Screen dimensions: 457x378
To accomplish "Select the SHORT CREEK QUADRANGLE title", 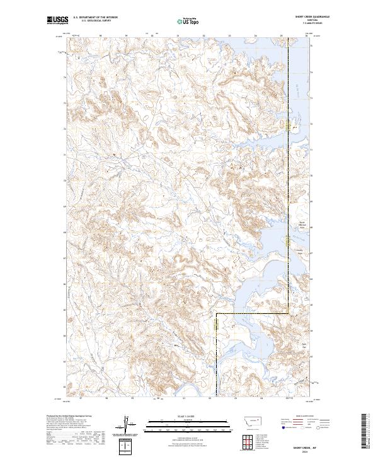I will [x=308, y=18].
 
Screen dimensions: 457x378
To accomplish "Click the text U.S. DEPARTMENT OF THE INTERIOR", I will [x=95, y=18].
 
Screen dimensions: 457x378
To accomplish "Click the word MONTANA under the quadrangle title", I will [x=308, y=21].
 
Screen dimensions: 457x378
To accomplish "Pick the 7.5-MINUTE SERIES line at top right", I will [x=308, y=25].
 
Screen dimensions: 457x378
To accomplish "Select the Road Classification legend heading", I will [x=301, y=417].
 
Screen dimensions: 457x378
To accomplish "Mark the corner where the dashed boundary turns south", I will [x=217, y=313].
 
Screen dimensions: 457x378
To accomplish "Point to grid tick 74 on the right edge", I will [x=313, y=72].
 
